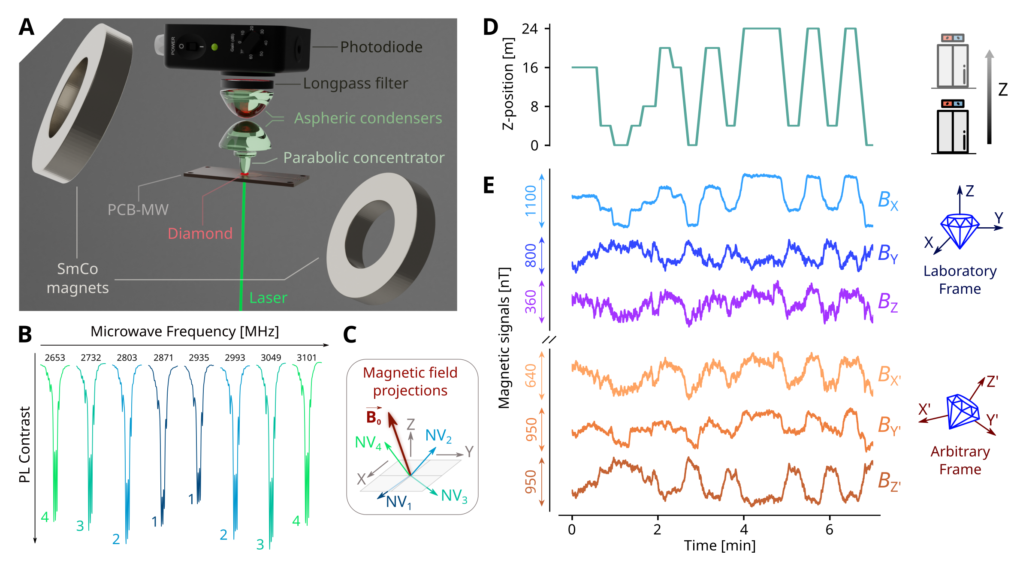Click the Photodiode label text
click(x=381, y=47)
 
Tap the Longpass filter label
click(x=355, y=84)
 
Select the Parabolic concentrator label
click(x=364, y=158)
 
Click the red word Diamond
click(x=200, y=234)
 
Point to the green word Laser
click(x=268, y=298)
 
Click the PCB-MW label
click(x=138, y=210)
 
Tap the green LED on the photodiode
click(x=214, y=47)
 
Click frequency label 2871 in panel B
click(x=163, y=358)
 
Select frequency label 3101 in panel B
click(x=306, y=358)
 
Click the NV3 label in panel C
click(x=454, y=496)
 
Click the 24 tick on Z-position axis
click(x=530, y=29)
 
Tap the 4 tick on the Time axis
click(x=744, y=530)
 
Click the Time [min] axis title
click(x=719, y=546)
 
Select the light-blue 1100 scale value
click(x=531, y=201)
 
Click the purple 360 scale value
click(x=531, y=301)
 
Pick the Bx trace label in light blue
click(x=887, y=200)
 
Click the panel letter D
click(x=490, y=27)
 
